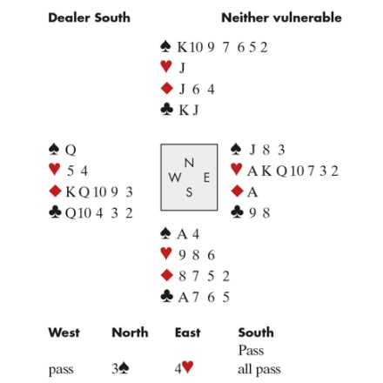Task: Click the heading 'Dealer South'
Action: [89, 18]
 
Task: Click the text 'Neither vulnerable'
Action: [281, 18]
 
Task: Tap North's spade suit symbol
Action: [165, 46]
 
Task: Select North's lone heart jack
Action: [182, 68]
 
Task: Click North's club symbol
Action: [166, 110]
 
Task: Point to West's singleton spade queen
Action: [71, 151]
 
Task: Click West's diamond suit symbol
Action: [56, 191]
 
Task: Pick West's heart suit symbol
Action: [55, 169]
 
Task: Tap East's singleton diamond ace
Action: [252, 191]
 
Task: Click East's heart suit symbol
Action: [237, 169]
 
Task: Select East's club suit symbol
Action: [237, 212]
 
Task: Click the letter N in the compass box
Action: [189, 163]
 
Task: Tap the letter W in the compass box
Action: [175, 177]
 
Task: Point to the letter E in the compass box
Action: [206, 178]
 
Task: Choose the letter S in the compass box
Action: [189, 192]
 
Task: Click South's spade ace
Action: [182, 234]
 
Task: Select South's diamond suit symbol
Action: [166, 275]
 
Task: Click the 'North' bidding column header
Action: [130, 333]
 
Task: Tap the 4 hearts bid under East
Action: [184, 368]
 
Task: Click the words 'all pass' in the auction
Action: [259, 370]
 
